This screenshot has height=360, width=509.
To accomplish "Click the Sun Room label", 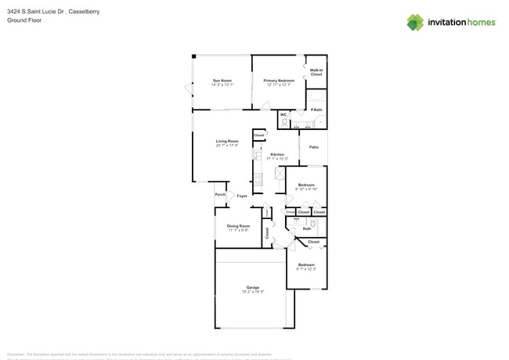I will click(222, 80).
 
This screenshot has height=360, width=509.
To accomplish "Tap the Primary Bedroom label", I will click(279, 80).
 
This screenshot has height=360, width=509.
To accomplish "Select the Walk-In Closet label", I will click(316, 71).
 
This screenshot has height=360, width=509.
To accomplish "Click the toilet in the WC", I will click(284, 123).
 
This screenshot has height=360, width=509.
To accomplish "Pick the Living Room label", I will click(227, 141).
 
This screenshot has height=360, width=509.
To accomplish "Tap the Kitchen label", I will click(277, 154).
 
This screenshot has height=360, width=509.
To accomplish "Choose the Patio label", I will click(313, 147).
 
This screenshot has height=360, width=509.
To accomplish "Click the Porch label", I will click(220, 195).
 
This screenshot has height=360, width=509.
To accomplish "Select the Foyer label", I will click(242, 196).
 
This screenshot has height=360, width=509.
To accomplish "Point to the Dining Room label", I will click(239, 225).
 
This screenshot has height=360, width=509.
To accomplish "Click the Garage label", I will click(253, 287).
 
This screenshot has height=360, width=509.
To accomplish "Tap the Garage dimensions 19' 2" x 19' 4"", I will click(253, 292).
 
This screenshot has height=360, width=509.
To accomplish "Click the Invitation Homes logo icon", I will click(415, 22).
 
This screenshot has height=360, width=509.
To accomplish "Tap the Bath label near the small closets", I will click(306, 229).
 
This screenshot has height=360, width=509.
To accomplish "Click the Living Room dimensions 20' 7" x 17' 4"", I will click(227, 146).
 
